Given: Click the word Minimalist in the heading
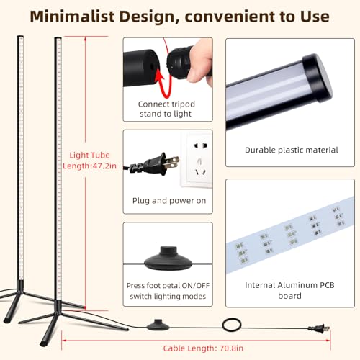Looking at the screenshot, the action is tap(72, 17).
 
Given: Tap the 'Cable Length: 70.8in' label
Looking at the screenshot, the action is tap(203, 348).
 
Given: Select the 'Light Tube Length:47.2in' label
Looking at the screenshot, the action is tap(89, 161).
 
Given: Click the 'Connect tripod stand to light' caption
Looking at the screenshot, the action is tap(166, 109).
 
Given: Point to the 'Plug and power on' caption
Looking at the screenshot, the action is tap(169, 201).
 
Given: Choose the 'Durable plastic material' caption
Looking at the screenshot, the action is tap(292, 150).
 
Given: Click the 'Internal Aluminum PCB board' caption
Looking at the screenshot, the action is tap(289, 290).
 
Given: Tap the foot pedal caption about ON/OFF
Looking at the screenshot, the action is tap(168, 291).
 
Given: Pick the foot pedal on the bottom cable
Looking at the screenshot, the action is tap(158, 325).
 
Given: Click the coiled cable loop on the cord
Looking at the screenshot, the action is tap(232, 325).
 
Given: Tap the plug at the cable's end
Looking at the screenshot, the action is tap(319, 328).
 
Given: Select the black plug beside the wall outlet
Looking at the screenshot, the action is tap(153, 164).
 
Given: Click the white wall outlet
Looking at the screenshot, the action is tap(197, 160).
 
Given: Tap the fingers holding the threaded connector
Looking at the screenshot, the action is tap(200, 61).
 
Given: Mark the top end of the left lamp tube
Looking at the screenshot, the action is tap(20, 37).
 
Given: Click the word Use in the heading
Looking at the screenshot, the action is tap(315, 17).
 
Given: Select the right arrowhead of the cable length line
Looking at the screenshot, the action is tap(328, 340).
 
